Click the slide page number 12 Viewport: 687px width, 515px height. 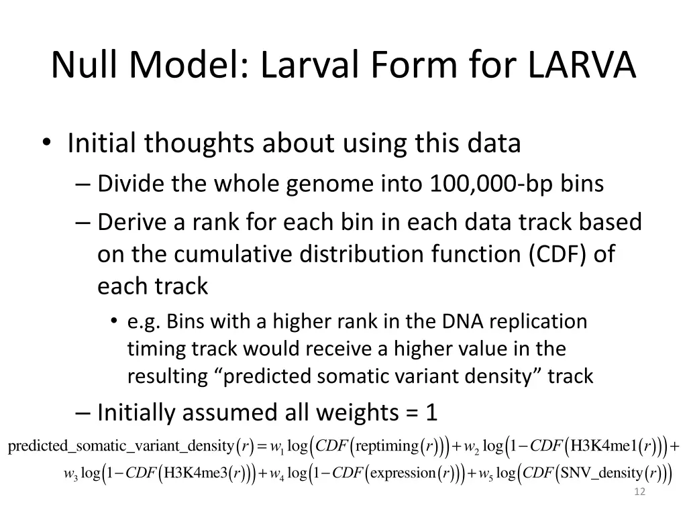tap(639, 493)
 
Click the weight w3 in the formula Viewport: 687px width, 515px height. tap(70, 475)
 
